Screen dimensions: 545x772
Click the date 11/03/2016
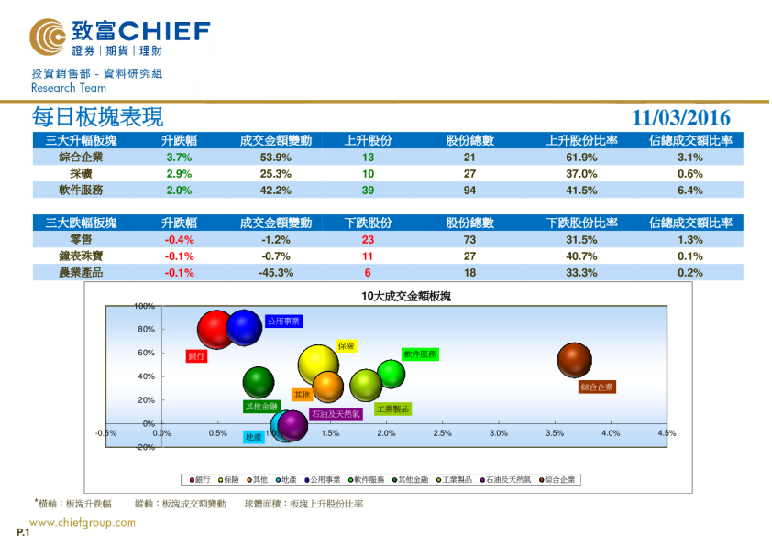pyautogui.click(x=681, y=118)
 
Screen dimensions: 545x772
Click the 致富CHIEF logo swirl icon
pyautogui.click(x=48, y=38)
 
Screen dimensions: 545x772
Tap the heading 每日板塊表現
pyautogui.click(x=97, y=117)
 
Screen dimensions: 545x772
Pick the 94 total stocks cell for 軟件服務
pyautogui.click(x=469, y=190)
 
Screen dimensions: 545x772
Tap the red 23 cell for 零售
pyautogui.click(x=368, y=239)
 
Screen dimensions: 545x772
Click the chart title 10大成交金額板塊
pyautogui.click(x=405, y=297)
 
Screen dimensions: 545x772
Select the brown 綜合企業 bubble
pyautogui.click(x=575, y=360)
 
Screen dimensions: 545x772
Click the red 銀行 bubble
pyautogui.click(x=216, y=331)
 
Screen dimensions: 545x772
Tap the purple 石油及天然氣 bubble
pyautogui.click(x=292, y=424)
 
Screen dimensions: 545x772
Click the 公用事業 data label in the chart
pyautogui.click(x=283, y=322)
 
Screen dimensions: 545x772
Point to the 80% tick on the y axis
pyautogui.click(x=145, y=329)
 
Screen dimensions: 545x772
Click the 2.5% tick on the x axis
pyautogui.click(x=442, y=432)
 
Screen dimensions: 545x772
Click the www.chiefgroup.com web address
pyautogui.click(x=83, y=523)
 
